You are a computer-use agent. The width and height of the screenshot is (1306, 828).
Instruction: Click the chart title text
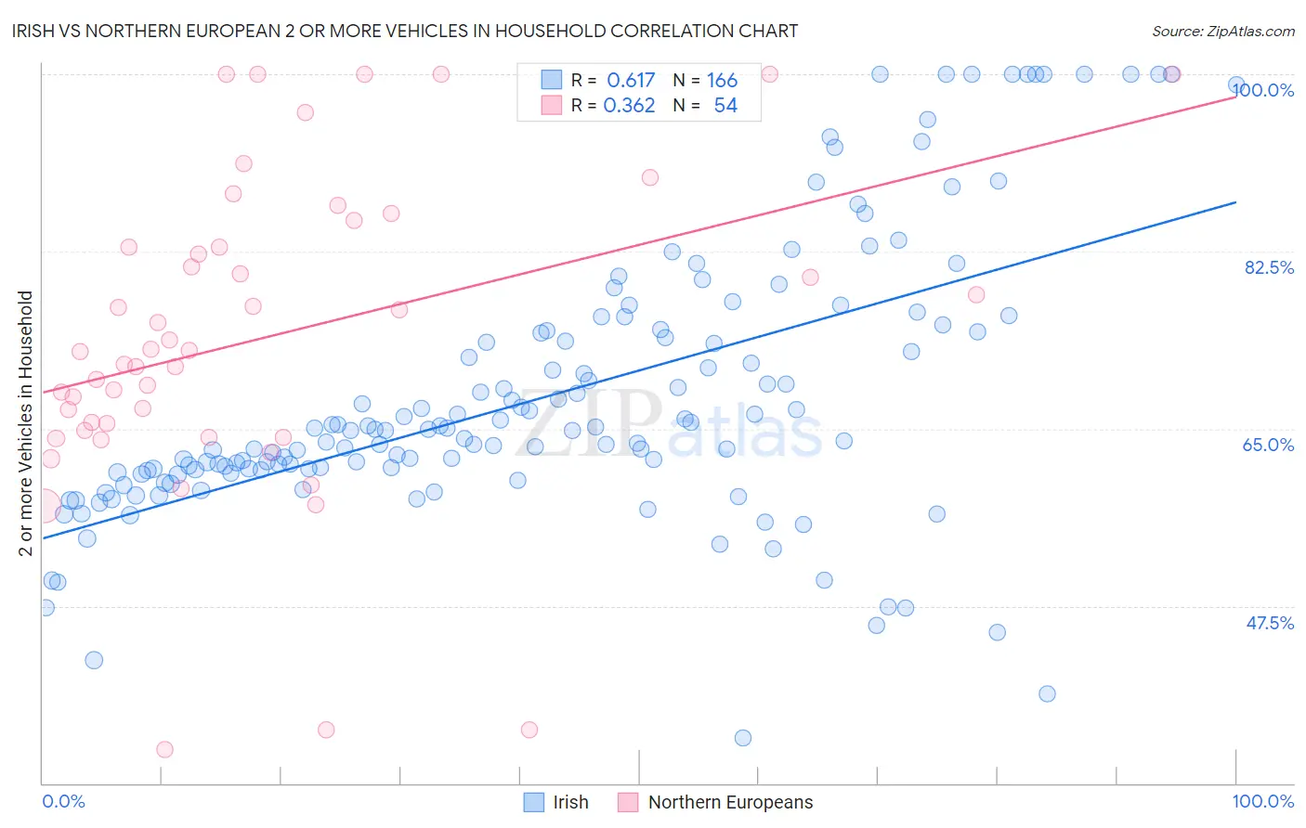[x=405, y=31]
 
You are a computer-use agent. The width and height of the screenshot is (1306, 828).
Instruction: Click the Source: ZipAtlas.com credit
[x=1222, y=31]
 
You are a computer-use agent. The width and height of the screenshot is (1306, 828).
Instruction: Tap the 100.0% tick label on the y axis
[x=1263, y=90]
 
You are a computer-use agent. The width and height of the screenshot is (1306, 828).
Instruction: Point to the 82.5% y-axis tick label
[x=1269, y=267]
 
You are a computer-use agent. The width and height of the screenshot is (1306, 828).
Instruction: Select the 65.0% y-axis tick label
[x=1268, y=445]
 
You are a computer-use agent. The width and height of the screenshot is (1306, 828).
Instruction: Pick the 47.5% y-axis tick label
[x=1269, y=623]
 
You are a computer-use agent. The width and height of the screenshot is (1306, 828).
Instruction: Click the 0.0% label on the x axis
[x=63, y=801]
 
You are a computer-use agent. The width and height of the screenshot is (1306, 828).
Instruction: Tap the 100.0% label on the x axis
[x=1262, y=801]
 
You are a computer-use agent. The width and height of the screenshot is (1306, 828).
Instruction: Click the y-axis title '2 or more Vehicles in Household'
[x=26, y=423]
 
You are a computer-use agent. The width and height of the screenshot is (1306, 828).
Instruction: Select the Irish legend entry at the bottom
[x=556, y=802]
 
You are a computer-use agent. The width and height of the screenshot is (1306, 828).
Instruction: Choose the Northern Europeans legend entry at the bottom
[x=716, y=802]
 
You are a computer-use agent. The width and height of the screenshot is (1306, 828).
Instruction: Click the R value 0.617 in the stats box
[x=631, y=81]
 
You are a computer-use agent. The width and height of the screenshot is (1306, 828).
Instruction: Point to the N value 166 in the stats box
[x=722, y=81]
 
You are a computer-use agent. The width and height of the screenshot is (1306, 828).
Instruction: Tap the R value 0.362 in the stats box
[x=629, y=106]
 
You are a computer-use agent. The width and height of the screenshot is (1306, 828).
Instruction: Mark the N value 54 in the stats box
[x=725, y=106]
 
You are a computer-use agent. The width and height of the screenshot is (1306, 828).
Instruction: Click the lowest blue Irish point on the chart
[x=743, y=738]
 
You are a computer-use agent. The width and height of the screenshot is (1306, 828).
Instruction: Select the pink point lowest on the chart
[x=164, y=749]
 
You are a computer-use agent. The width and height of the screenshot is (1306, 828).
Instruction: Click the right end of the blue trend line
[x=1235, y=202]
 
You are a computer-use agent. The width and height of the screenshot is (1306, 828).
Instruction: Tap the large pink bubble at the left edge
[x=43, y=507]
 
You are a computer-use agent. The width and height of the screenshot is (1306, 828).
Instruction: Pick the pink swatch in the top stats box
[x=552, y=105]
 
